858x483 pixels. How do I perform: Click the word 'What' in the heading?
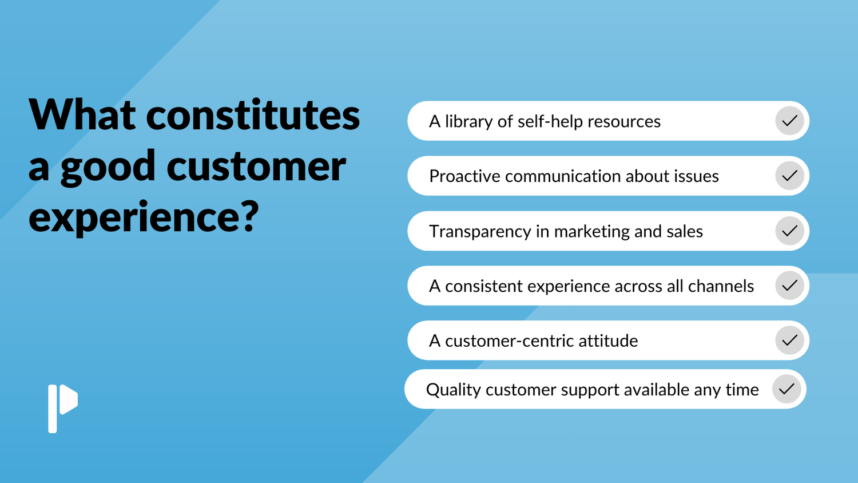[82, 114]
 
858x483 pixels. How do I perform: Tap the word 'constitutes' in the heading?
[253, 115]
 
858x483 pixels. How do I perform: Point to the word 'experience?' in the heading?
[144, 217]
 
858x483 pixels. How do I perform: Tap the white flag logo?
[63, 409]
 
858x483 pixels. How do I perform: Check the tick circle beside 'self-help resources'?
[789, 121]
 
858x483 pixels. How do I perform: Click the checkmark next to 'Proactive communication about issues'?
[789, 176]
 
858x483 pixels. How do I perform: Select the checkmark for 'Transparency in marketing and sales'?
[789, 231]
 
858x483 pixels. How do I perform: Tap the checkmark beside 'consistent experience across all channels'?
[789, 286]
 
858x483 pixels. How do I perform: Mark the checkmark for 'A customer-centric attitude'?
[789, 341]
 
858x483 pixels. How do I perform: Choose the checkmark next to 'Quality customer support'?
[786, 390]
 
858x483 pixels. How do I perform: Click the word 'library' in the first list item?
[469, 121]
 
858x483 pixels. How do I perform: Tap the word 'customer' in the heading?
[256, 167]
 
